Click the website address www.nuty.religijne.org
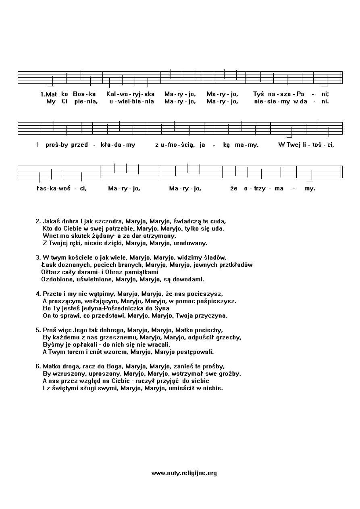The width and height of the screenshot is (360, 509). tap(184, 473)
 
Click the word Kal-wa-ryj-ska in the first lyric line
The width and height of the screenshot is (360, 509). tap(128, 94)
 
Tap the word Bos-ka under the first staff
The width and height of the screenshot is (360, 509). tap(84, 94)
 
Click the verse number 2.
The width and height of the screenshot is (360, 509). tap(38, 221)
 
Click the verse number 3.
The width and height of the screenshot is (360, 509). tap(38, 257)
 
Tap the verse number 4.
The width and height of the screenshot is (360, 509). tap(38, 293)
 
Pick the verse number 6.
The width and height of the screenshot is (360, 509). tap(38, 366)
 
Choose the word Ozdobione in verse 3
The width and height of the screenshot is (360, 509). tap(56, 279)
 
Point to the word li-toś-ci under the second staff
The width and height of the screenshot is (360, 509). tap(316, 144)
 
